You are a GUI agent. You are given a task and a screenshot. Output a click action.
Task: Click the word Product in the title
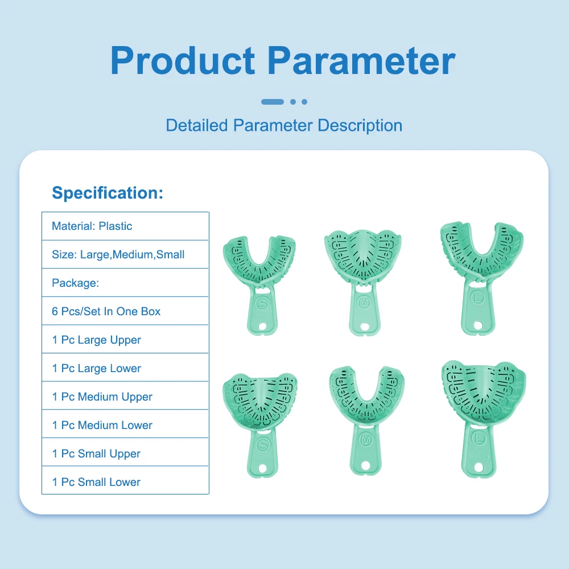[x=183, y=61]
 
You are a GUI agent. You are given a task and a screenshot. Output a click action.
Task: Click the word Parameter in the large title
[x=361, y=61]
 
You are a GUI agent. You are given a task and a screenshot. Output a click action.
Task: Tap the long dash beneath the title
[x=273, y=102]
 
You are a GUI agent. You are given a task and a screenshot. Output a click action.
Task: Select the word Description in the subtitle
[x=360, y=126]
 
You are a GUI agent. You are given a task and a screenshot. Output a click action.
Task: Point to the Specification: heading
[x=108, y=193]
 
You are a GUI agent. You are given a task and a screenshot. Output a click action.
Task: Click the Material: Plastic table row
[x=125, y=226]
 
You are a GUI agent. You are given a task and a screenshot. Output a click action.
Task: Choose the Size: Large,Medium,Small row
[x=125, y=254]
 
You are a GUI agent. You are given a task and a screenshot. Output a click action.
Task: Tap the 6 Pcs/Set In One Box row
[x=125, y=311]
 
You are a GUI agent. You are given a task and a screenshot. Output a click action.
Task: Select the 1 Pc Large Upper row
[x=125, y=340]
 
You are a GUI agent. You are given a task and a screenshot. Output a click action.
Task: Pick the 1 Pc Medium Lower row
[x=125, y=424]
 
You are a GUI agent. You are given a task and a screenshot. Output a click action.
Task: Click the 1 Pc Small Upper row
[x=125, y=453]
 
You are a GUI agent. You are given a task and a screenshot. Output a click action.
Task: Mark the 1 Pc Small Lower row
[x=125, y=481]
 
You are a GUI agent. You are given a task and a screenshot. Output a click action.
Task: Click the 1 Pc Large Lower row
[x=125, y=368]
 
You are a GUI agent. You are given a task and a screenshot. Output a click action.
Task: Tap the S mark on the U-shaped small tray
[x=262, y=303]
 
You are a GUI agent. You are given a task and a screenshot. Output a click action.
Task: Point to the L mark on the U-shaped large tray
[x=478, y=298]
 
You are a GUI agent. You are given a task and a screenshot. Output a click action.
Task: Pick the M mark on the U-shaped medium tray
[x=366, y=440]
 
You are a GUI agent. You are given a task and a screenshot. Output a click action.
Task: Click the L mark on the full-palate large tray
[x=479, y=439]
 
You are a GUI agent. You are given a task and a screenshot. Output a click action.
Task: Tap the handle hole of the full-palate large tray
[x=479, y=467]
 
